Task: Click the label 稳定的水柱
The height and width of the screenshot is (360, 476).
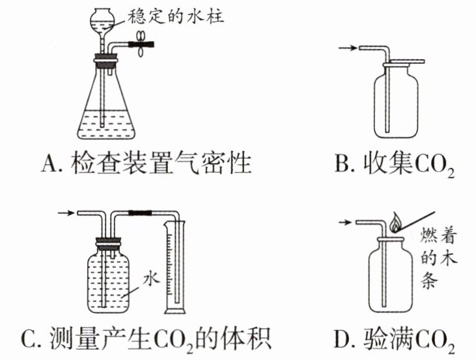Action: [175, 16]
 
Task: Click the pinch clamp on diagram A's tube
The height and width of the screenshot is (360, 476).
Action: [141, 44]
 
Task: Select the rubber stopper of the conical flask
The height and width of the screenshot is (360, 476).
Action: [105, 61]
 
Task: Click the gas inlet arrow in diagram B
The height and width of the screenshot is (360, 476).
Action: [347, 48]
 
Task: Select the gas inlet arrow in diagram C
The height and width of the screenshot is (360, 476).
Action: [66, 213]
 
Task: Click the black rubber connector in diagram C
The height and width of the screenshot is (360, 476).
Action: [140, 213]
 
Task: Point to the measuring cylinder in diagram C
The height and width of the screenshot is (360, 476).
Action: [175, 267]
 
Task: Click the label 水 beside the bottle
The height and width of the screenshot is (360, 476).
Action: [152, 278]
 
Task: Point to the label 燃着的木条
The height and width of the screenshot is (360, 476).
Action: [438, 258]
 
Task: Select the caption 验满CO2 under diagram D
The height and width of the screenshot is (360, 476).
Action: [409, 340]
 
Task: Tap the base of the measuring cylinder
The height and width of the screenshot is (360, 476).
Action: [175, 311]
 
